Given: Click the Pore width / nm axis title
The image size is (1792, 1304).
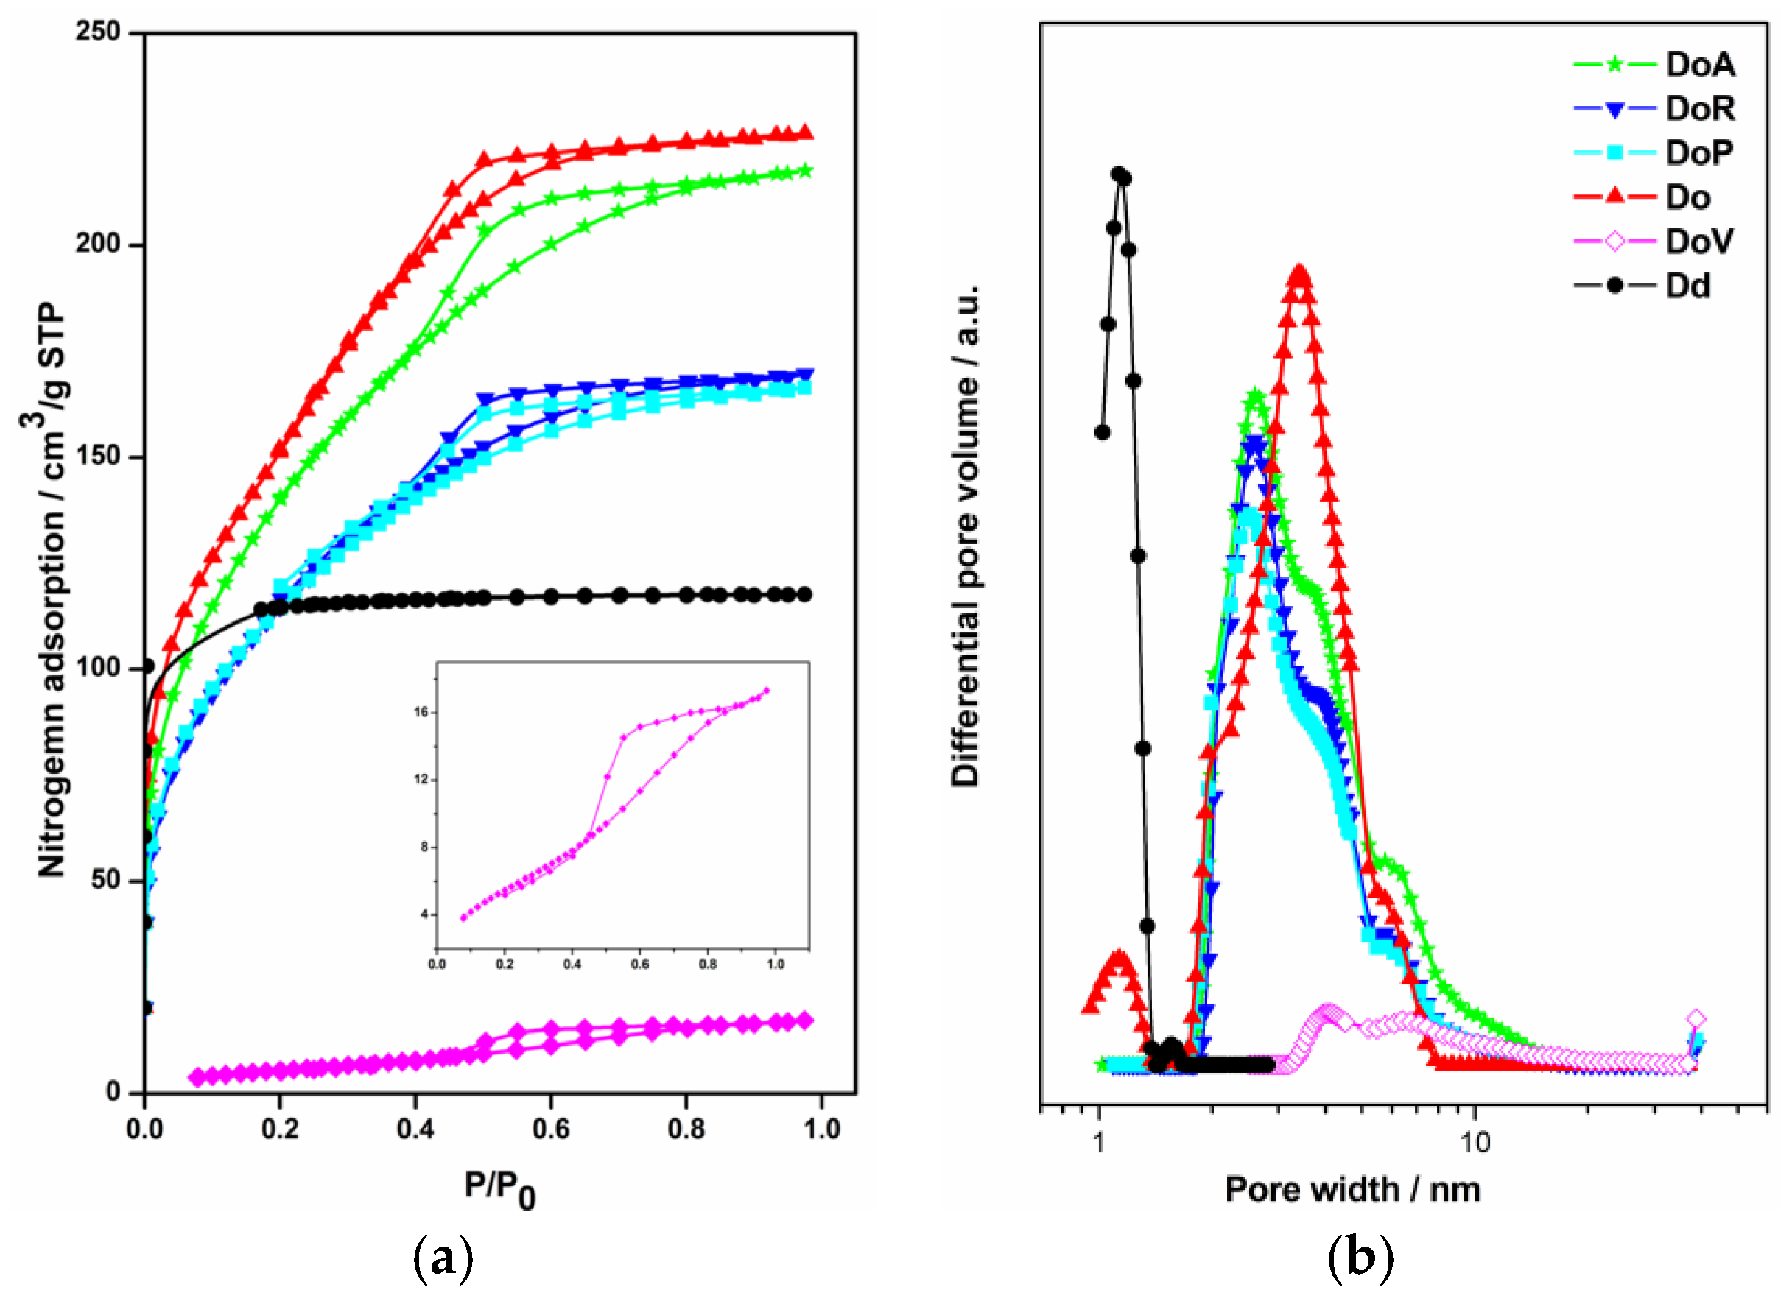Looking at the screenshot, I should [x=1352, y=1188].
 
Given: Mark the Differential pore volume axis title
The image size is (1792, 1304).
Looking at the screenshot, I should [x=965, y=537].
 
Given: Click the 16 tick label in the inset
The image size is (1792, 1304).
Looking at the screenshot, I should [x=421, y=711].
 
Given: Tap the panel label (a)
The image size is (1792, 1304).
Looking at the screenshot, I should [x=443, y=1259].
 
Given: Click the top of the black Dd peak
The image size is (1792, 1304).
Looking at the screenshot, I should [x=1119, y=174].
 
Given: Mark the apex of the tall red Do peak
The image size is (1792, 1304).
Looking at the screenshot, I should [x=1300, y=274].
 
